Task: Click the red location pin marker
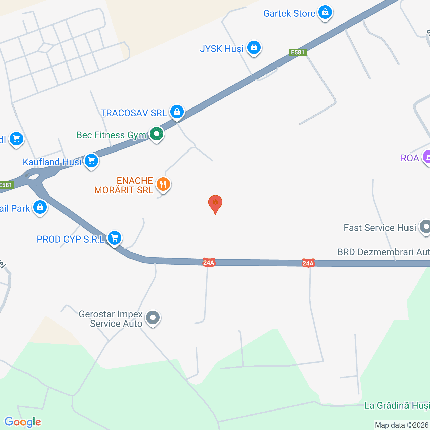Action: (215, 204)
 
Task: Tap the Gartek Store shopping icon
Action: (325, 12)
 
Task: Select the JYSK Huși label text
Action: (221, 49)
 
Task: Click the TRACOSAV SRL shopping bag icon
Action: (177, 111)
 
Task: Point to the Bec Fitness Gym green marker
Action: (156, 134)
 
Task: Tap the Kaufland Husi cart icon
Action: (91, 161)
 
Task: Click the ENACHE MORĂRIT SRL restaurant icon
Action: (163, 184)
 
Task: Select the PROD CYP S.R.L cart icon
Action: (115, 238)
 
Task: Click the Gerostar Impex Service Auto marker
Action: (153, 317)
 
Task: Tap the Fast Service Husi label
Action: (380, 228)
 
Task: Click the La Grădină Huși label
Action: (396, 405)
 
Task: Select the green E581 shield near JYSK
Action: (298, 52)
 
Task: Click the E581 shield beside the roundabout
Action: (6, 185)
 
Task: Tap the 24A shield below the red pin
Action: (209, 263)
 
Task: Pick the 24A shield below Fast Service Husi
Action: (308, 263)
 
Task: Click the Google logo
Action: (23, 422)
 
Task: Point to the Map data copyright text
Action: (402, 425)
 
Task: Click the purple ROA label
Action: (410, 158)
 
